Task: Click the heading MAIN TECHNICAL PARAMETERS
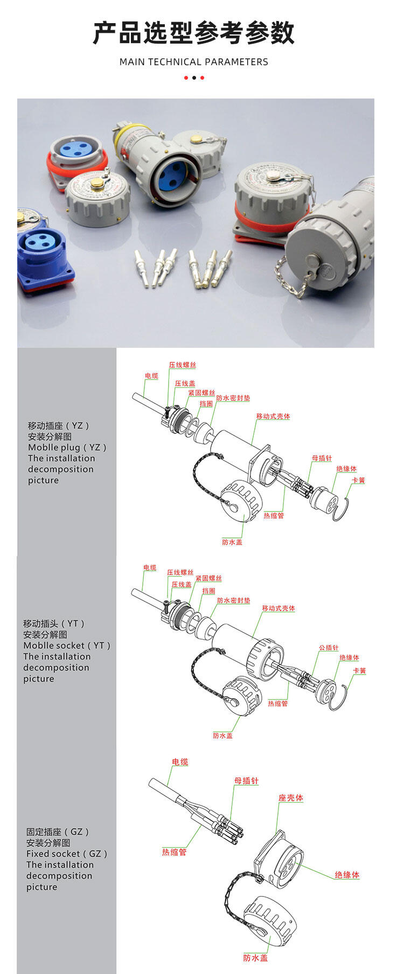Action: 194,62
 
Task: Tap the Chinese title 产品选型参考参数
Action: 194,32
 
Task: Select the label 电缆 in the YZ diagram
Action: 151,376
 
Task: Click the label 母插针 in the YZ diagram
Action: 322,458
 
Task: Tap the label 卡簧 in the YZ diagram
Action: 358,480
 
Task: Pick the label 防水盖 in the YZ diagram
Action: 232,542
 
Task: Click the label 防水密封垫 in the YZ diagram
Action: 233,398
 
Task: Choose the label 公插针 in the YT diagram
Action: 329,648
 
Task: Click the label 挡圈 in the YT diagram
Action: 208,591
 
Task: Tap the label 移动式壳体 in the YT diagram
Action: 278,608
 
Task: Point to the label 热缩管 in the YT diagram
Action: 278,703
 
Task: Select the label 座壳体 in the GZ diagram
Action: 291,798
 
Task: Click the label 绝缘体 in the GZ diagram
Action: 347,875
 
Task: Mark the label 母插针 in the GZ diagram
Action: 246,781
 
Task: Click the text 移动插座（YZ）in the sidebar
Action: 59,426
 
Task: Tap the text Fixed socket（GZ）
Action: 67,854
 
